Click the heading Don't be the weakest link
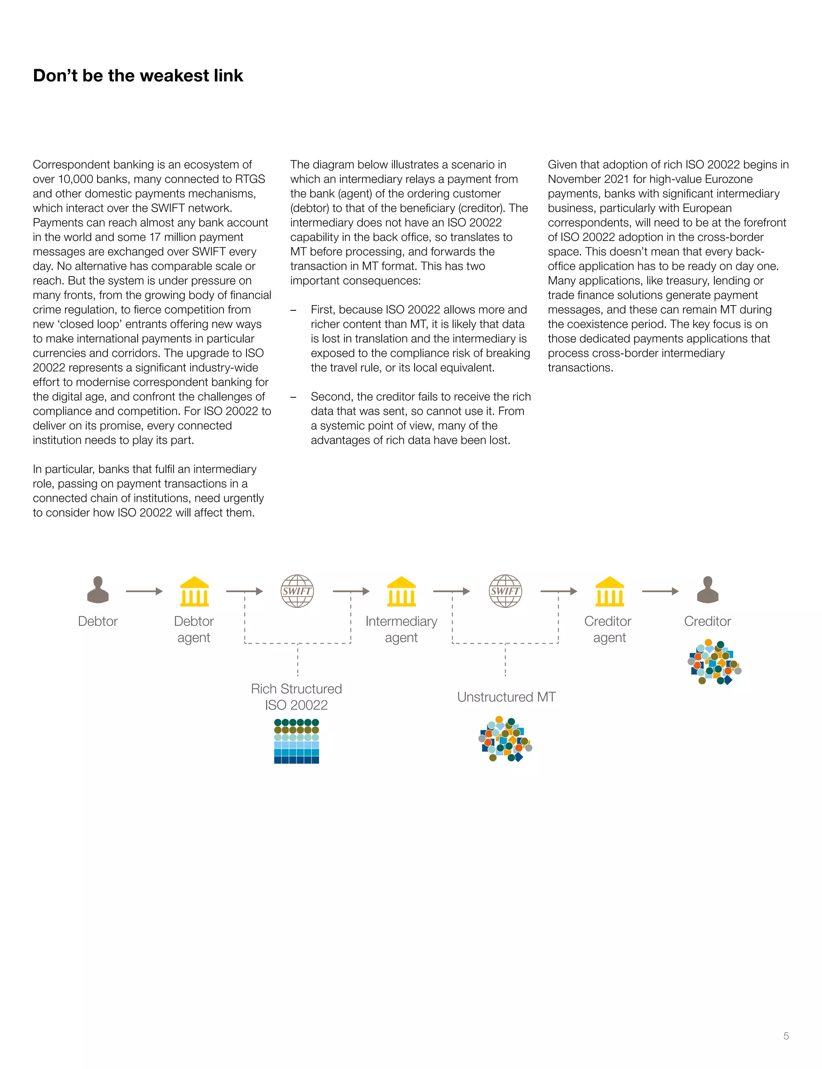pos(138,76)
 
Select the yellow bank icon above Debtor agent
pos(194,591)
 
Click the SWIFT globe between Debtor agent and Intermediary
pos(297,591)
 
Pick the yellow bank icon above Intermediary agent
pos(401,591)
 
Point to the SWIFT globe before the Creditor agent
pos(505,591)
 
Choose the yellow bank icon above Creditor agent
pos(609,591)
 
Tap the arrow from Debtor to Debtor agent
pos(144,591)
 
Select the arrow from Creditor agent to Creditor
pos(660,591)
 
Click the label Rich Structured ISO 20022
pos(297,697)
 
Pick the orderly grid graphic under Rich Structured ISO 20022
pos(297,741)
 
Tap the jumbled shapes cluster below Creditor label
pos(714,662)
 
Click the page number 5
pos(786,1036)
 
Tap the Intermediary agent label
pos(401,629)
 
